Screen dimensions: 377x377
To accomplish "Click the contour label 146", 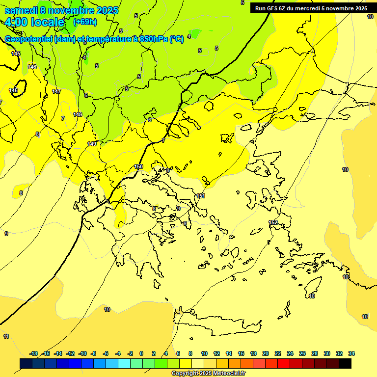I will [x=32, y=67].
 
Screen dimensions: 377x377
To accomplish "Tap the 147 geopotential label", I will [x=56, y=91].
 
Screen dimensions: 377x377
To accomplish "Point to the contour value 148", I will [x=78, y=114].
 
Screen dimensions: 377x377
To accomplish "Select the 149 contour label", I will [x=92, y=144].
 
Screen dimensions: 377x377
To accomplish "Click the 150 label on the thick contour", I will [x=138, y=166].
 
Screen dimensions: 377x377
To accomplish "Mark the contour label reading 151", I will [x=200, y=196].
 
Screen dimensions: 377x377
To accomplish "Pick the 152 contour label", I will [x=273, y=222].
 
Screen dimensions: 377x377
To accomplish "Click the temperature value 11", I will [x=6, y=336].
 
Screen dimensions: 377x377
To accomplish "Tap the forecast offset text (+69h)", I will [x=85, y=22].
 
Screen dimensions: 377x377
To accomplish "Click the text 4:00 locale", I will [x=34, y=22].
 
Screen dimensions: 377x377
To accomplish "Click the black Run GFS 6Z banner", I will [x=311, y=8].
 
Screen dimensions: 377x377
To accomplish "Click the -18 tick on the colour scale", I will [x=33, y=353].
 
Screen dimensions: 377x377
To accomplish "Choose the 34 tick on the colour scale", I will [x=351, y=353].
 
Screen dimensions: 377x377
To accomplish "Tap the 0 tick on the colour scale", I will [x=141, y=353].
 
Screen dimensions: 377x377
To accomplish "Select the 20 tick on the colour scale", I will [x=265, y=353].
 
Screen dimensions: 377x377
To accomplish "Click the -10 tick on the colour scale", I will [x=82, y=353].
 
